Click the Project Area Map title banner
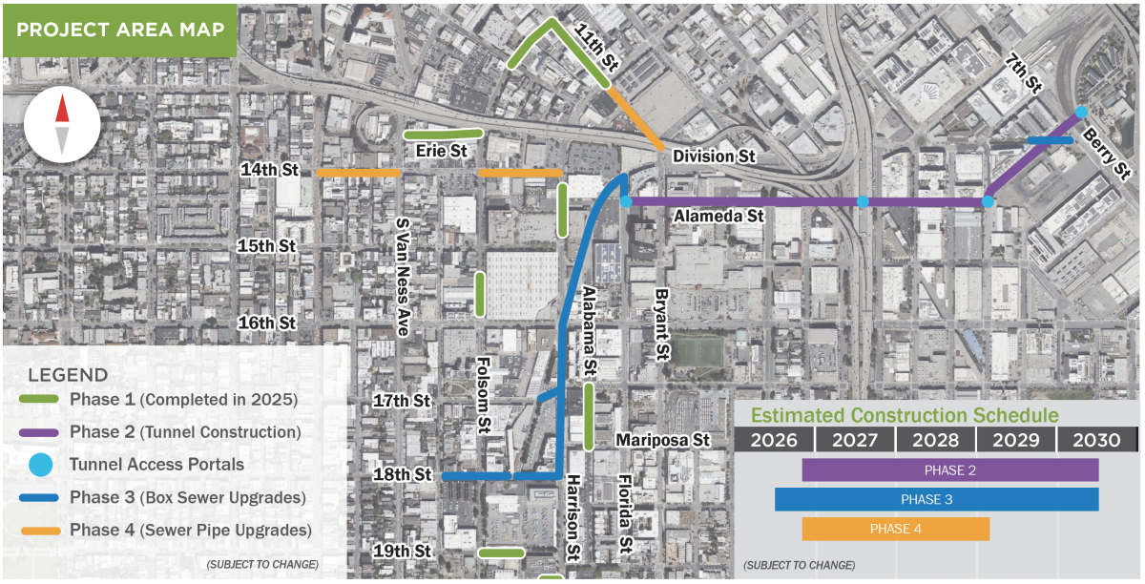tap(118, 30)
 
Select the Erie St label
tap(441, 151)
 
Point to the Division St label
tap(714, 156)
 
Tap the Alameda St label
tap(719, 217)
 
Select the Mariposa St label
tap(664, 440)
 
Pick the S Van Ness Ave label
tap(403, 278)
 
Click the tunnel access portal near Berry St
tap(1081, 113)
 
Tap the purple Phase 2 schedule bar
tap(949, 470)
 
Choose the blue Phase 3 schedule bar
tap(936, 499)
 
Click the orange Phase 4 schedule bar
tap(895, 529)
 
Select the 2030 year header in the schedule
tap(1096, 440)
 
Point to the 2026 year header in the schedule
tap(774, 440)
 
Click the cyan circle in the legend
tap(40, 465)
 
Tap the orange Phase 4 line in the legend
tap(40, 530)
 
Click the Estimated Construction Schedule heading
tap(904, 415)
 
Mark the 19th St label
tap(403, 552)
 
